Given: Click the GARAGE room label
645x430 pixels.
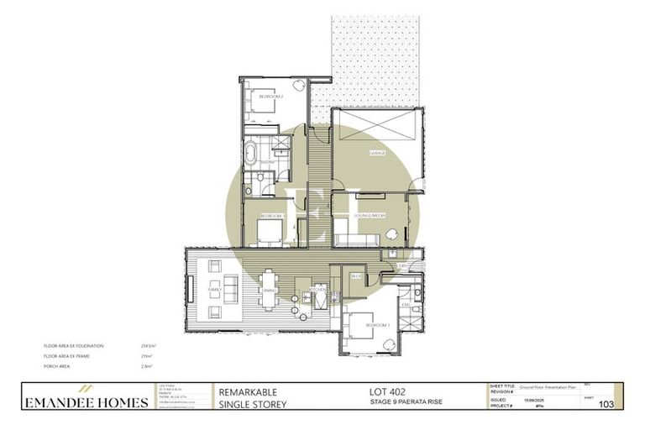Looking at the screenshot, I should tap(378, 154).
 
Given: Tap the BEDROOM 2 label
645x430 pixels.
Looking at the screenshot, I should tap(270, 97).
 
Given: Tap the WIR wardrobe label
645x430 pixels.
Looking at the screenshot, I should tap(355, 275).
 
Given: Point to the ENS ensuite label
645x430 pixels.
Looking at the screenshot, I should tap(405, 305).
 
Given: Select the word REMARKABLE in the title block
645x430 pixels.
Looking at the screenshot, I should tap(248, 392).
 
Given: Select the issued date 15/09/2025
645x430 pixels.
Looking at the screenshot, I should tap(534, 401).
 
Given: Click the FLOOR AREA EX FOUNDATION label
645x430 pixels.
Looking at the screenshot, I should tap(71, 345).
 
